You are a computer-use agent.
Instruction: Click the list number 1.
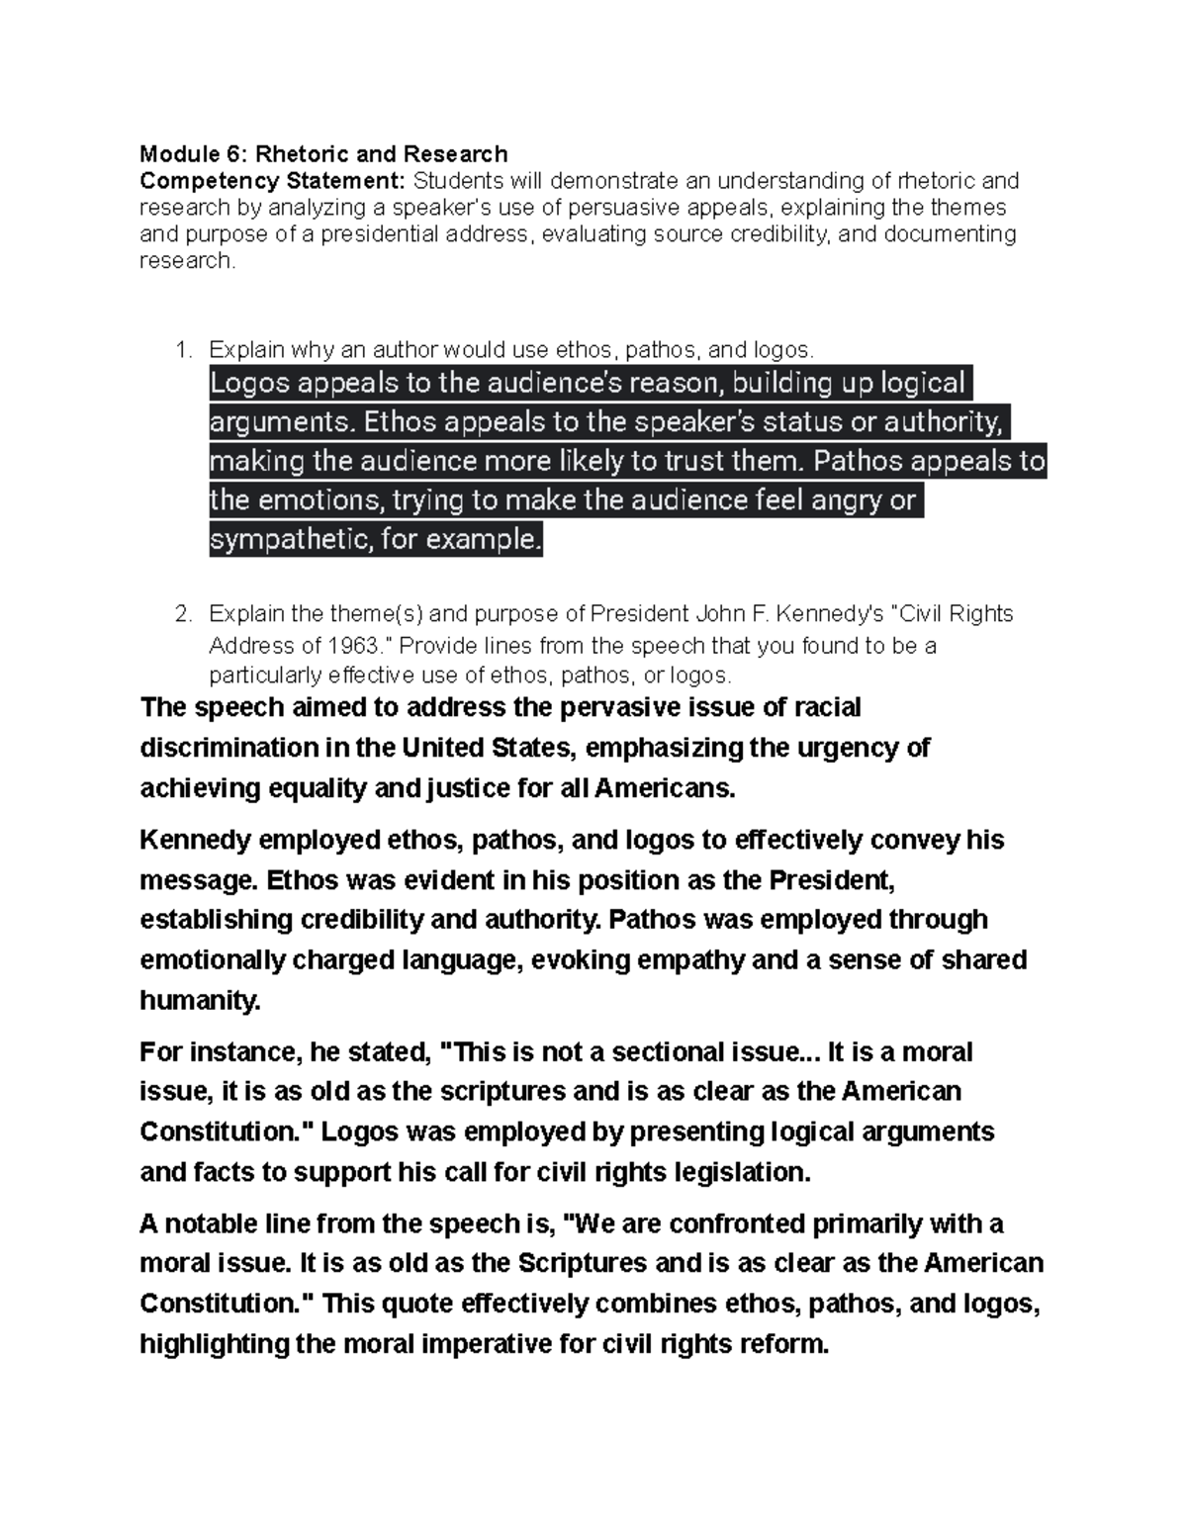click(180, 349)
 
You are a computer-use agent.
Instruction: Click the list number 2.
click(181, 614)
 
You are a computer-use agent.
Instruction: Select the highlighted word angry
click(848, 500)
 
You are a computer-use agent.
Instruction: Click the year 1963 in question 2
click(351, 646)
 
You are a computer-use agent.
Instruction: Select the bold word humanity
click(200, 1001)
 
